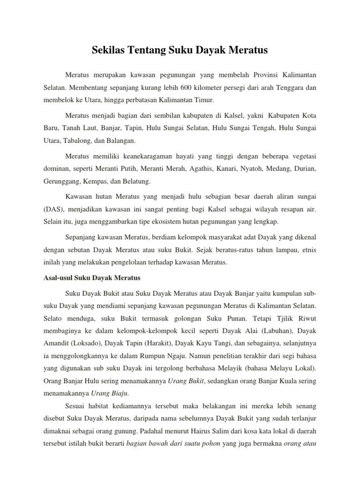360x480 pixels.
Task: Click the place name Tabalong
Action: pyautogui.click(x=81, y=140)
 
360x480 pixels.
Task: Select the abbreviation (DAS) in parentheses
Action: pyautogui.click(x=46, y=210)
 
